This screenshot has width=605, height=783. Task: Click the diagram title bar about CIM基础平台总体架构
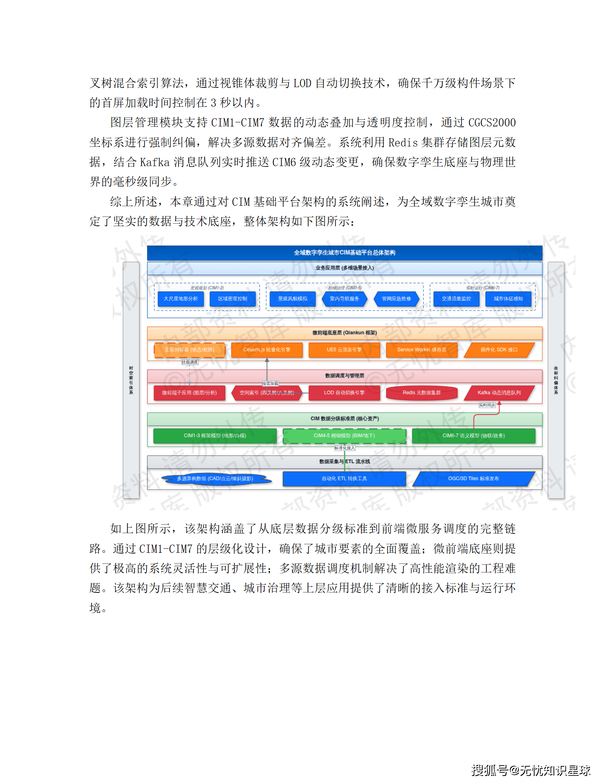(344, 252)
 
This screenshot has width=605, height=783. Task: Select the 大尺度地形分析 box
(181, 299)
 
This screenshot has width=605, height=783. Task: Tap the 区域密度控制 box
(232, 299)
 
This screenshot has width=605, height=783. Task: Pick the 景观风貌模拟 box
(292, 299)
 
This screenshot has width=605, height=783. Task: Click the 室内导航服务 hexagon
(344, 299)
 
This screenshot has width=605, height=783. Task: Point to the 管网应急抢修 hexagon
(396, 299)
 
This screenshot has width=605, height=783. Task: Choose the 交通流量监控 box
(456, 299)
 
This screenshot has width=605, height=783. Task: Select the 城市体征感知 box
(508, 299)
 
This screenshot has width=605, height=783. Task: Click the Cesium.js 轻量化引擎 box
(267, 350)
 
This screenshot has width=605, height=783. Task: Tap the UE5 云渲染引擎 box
(344, 350)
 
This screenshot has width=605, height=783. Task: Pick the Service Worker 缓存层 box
(421, 350)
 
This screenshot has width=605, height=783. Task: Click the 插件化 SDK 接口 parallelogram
(499, 350)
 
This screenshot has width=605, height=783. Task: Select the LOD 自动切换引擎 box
(344, 393)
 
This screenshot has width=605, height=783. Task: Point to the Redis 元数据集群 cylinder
(421, 393)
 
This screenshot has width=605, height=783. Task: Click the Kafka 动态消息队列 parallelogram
(499, 393)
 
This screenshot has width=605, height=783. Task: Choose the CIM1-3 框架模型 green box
(215, 436)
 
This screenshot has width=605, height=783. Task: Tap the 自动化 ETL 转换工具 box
(344, 479)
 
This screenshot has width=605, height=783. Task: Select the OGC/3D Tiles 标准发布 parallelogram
(473, 479)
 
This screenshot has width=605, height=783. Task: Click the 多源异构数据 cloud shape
(215, 479)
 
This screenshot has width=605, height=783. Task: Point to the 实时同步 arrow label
(487, 405)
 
